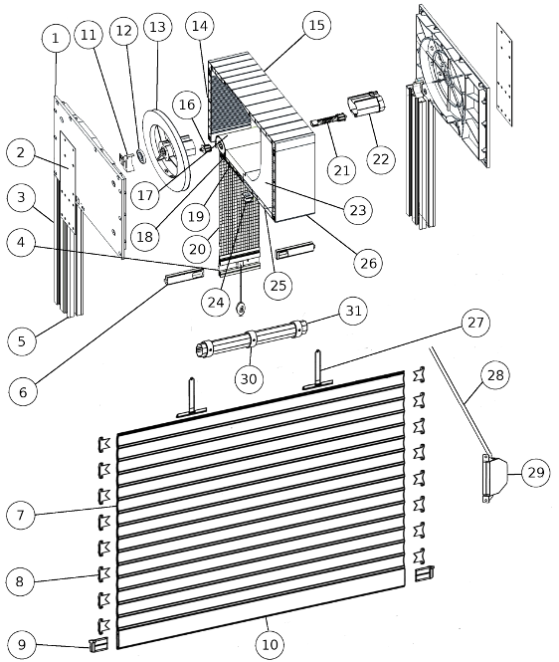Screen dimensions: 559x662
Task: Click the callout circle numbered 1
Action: click(x=56, y=39)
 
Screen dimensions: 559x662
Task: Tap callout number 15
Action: click(x=317, y=25)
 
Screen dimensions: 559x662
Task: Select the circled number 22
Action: click(x=381, y=159)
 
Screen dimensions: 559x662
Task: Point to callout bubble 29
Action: click(x=536, y=473)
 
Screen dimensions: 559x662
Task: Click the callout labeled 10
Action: click(x=270, y=645)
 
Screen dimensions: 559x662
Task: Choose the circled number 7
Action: click(x=21, y=515)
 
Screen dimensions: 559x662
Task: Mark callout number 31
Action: click(x=353, y=311)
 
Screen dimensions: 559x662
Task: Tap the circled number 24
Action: click(x=216, y=303)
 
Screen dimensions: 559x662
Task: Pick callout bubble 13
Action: click(x=157, y=27)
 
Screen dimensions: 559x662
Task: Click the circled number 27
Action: click(x=475, y=323)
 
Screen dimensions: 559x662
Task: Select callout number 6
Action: click(x=23, y=392)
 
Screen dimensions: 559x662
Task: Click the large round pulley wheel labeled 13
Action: click(x=167, y=151)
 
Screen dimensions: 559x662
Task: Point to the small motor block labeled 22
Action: click(x=366, y=105)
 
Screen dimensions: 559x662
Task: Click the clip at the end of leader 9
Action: click(x=98, y=644)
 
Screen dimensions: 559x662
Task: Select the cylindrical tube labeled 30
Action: click(x=252, y=338)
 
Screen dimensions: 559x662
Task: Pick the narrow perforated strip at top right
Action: click(x=504, y=75)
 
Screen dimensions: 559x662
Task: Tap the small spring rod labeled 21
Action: click(x=328, y=119)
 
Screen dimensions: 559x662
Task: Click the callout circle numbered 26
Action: click(x=368, y=263)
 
